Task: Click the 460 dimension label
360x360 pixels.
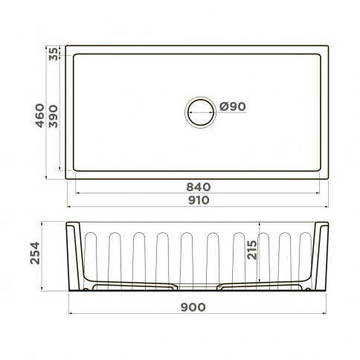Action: coord(39,115)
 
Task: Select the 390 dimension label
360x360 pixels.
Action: coord(54,116)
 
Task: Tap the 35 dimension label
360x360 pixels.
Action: coord(54,54)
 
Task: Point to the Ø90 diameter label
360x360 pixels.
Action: coord(233,106)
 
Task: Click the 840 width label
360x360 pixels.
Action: coord(199,187)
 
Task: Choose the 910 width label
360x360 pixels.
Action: coord(199,200)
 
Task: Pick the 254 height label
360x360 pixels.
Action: coord(35,253)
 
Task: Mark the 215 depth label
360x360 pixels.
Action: coord(252,250)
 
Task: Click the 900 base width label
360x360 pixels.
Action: coord(193,307)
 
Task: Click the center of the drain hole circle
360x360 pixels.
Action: coord(200,112)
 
